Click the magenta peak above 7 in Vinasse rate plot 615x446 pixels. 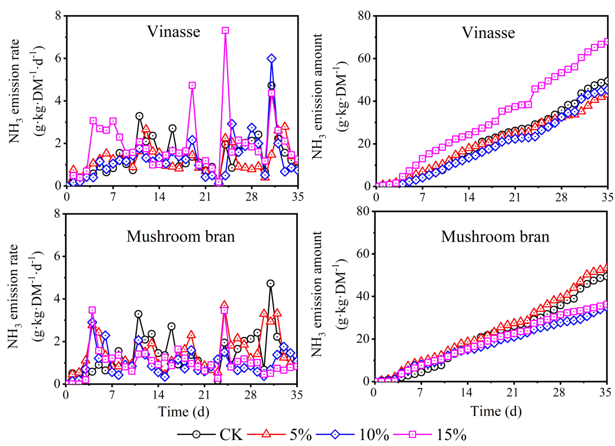click(x=225, y=30)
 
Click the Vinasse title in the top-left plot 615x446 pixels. click(x=174, y=32)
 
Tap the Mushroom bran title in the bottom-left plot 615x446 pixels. click(x=181, y=236)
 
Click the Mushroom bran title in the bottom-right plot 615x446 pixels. click(x=495, y=236)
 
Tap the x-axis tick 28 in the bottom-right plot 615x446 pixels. click(x=559, y=393)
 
